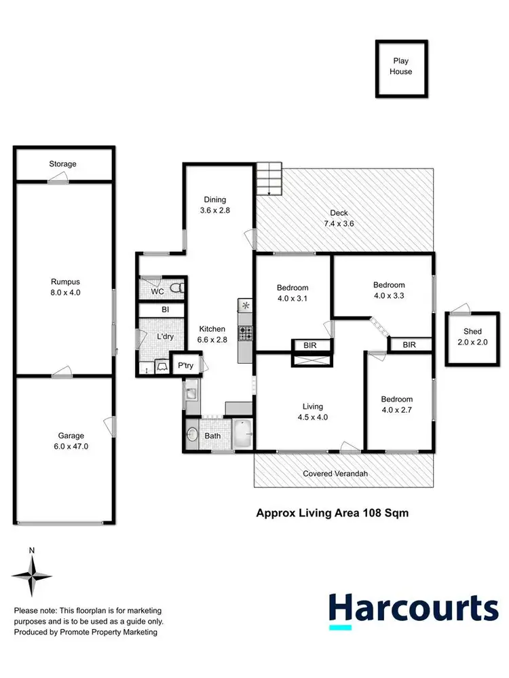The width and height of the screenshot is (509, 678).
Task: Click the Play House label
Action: pyautogui.click(x=400, y=67)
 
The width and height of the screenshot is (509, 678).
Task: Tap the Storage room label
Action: pyautogui.click(x=62, y=164)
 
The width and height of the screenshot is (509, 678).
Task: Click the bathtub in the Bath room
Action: pyautogui.click(x=242, y=434)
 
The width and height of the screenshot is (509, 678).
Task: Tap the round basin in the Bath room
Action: pyautogui.click(x=192, y=434)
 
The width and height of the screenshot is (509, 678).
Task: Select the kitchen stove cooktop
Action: pyautogui.click(x=245, y=333)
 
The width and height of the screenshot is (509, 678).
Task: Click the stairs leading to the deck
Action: pyautogui.click(x=269, y=180)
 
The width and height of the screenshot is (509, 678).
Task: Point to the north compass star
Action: pyautogui.click(x=31, y=576)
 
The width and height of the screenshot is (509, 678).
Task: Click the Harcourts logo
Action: pyautogui.click(x=413, y=608)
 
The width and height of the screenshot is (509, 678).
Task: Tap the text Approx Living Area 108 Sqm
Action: pyautogui.click(x=332, y=513)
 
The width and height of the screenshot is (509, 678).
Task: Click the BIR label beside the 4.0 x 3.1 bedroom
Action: pyautogui.click(x=312, y=345)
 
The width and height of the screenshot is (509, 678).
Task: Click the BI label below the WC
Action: pyautogui.click(x=165, y=310)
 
